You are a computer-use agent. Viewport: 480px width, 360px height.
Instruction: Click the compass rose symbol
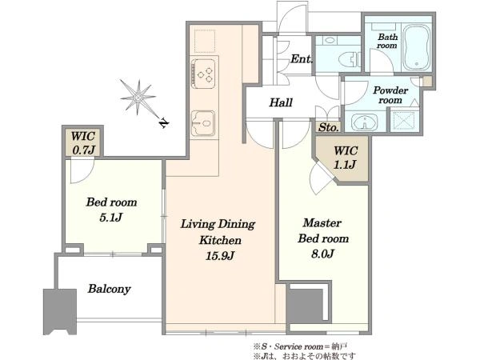point(138,98)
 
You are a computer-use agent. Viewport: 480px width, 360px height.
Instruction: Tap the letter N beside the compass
point(164,123)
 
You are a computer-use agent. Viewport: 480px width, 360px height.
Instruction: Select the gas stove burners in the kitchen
point(203,74)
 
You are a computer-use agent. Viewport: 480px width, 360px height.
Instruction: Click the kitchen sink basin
point(203,123)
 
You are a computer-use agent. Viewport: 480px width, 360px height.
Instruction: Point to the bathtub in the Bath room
point(416,48)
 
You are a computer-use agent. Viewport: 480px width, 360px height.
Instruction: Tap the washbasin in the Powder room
point(364,122)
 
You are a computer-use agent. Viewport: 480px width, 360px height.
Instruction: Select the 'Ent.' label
point(302,58)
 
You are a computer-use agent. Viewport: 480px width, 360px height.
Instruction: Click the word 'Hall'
point(281,102)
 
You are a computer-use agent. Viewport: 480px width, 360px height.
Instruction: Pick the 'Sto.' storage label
point(329,127)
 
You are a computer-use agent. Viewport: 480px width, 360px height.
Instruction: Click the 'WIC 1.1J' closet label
point(346,158)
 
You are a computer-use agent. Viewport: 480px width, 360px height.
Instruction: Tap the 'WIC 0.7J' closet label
point(83,143)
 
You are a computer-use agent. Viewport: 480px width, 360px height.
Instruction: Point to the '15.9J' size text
point(219,256)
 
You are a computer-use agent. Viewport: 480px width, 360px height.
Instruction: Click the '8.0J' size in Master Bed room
point(322,254)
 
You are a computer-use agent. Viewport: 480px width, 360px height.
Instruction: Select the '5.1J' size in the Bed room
point(111,218)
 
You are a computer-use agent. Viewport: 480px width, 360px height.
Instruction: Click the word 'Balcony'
point(110,289)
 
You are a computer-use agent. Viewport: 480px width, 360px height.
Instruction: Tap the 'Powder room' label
point(390,95)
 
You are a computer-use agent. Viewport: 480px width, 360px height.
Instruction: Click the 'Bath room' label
point(387,41)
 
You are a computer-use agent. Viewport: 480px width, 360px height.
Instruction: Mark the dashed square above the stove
point(205,41)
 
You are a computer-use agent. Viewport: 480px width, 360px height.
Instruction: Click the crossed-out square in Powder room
point(404,121)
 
